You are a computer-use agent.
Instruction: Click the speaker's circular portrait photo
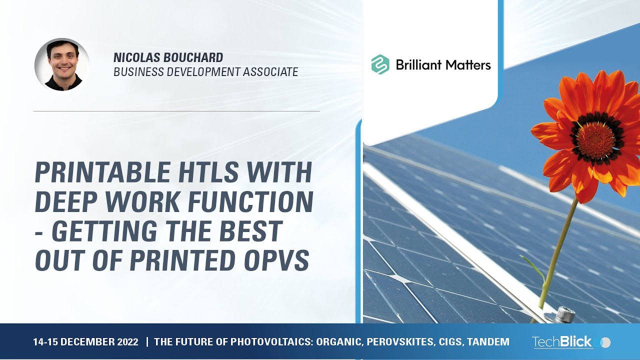pyautogui.click(x=62, y=64)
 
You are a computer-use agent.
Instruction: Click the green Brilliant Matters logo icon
pyautogui.click(x=380, y=64)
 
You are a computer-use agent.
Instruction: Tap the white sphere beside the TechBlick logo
pyautogui.click(x=605, y=342)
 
